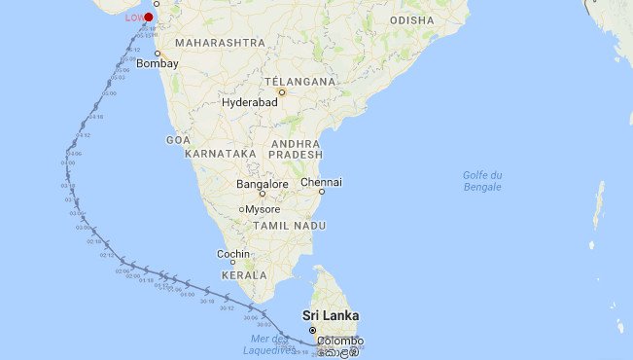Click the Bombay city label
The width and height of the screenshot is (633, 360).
[x=157, y=63]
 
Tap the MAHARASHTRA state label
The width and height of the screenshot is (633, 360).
[x=221, y=43]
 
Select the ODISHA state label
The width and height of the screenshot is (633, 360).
[x=411, y=20]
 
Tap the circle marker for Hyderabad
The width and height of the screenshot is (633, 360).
[x=282, y=93]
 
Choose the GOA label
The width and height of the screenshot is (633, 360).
[x=178, y=140]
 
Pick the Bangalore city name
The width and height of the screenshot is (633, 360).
[x=263, y=184]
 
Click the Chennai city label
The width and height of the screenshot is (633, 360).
[x=321, y=182]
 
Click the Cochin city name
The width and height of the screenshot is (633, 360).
[x=233, y=254]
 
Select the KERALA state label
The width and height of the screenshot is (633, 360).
[x=244, y=276]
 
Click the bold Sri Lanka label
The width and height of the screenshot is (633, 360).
[x=331, y=316]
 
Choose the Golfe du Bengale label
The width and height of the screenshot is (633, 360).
[x=482, y=181]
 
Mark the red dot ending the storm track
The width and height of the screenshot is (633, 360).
[x=148, y=17]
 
